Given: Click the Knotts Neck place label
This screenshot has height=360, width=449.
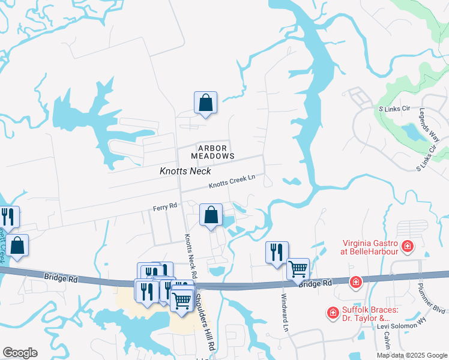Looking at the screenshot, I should [x=185, y=171].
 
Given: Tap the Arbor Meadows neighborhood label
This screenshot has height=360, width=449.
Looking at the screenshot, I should [x=212, y=152].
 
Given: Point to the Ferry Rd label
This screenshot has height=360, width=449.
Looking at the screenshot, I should [x=164, y=206].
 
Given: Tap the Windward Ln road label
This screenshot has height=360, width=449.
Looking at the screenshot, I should [x=284, y=311].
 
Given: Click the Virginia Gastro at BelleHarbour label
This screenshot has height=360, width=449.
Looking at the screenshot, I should [x=370, y=247].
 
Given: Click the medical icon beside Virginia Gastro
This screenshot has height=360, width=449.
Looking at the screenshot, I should [x=408, y=246].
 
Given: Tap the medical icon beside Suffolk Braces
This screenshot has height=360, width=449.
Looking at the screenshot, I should [x=332, y=313].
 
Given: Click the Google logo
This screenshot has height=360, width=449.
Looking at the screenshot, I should [x=20, y=353].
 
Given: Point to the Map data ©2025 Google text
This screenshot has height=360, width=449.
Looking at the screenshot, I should [x=411, y=355].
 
